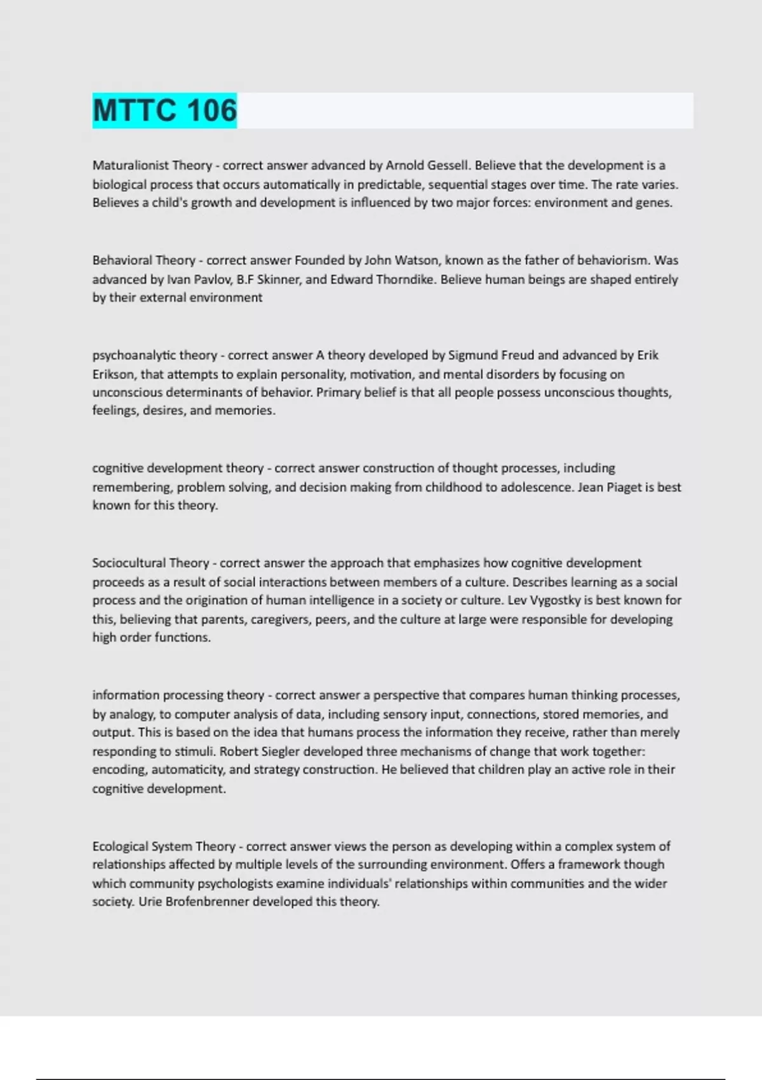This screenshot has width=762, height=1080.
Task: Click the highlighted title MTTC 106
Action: [164, 111]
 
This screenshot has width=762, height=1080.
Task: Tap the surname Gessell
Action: [448, 165]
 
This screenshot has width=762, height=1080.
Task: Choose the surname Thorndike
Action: [403, 280]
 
